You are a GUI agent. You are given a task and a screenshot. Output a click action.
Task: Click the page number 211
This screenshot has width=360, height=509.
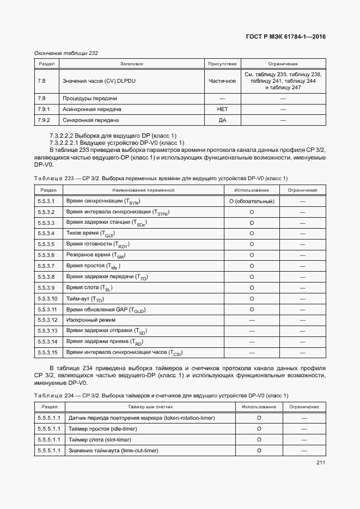coord(320,463)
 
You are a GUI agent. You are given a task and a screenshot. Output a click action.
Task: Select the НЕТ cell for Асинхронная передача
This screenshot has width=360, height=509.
coord(222,109)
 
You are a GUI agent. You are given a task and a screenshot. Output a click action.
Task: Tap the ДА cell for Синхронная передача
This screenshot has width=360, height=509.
coord(222,120)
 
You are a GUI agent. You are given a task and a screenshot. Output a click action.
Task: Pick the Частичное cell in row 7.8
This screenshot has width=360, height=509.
coord(222,81)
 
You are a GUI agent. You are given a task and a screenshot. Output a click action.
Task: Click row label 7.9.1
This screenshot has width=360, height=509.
coord(44,109)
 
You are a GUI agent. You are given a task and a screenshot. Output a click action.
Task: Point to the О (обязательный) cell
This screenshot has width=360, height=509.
coord(252,201)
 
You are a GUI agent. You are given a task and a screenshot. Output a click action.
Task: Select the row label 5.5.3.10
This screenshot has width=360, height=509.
coord(47,299)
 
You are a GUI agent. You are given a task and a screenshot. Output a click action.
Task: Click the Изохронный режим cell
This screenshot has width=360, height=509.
coord(90,320)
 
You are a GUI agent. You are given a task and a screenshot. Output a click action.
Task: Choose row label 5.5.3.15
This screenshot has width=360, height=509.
coord(47,353)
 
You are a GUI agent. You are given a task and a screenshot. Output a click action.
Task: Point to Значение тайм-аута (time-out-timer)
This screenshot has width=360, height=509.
coord(113,451)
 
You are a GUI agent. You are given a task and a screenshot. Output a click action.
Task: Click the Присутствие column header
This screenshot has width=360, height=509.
coord(222,64)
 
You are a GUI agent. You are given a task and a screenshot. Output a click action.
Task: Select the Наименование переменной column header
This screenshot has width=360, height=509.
coord(143,190)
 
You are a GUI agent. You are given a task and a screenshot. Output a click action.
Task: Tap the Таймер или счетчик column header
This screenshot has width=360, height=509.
coord(150,407)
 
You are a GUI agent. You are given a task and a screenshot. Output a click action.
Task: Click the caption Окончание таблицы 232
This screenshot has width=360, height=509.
coord(66,53)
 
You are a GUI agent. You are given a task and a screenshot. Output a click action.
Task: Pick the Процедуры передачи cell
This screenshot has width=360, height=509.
coord(90,99)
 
